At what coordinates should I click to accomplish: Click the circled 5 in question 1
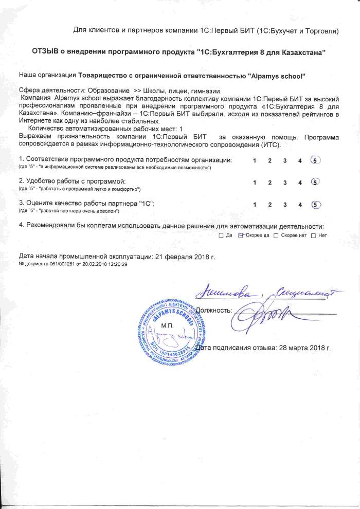315,160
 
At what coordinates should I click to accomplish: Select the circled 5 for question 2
315,182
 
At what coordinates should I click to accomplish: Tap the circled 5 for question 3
315,204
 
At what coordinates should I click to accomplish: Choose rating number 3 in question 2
285,183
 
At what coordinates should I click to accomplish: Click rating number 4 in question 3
300,205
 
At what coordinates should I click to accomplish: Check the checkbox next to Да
221,235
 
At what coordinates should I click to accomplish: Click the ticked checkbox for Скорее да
240,235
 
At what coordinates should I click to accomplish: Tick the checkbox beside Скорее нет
276,235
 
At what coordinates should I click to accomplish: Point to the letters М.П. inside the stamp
168,325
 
